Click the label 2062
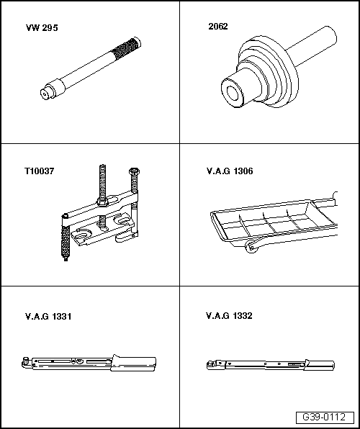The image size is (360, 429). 217,26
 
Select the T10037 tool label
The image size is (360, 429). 38,172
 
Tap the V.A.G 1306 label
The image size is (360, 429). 229,172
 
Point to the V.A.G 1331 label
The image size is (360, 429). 48,316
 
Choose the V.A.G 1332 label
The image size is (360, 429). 229,316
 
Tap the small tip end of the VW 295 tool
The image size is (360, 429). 44,91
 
